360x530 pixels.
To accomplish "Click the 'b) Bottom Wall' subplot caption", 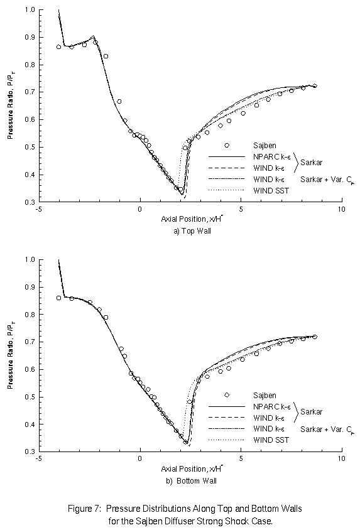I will [x=190, y=480].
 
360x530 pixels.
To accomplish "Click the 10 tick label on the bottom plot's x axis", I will [x=341, y=459].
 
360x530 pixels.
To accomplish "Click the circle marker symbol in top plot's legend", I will [x=227, y=145].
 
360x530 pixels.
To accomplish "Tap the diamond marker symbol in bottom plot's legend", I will [x=227, y=395].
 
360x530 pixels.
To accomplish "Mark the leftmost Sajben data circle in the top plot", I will [x=59, y=47].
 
